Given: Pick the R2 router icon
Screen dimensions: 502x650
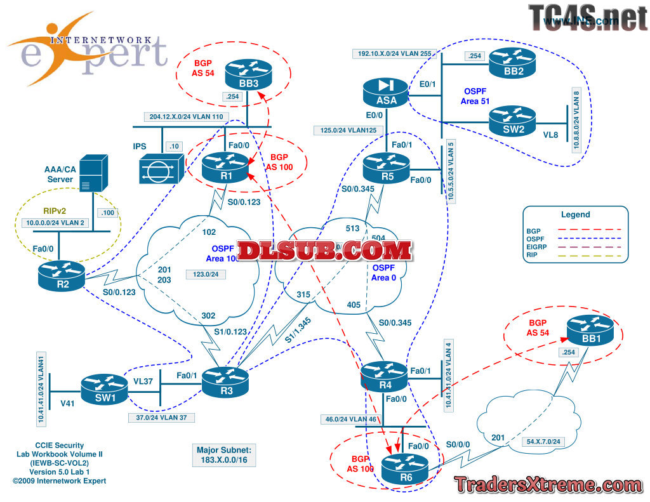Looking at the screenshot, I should click(62, 272).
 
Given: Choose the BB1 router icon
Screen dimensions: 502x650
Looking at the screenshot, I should click(590, 330).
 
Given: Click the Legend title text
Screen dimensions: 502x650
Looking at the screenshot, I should click(575, 215).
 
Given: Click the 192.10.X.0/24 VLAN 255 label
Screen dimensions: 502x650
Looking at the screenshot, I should click(394, 54).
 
